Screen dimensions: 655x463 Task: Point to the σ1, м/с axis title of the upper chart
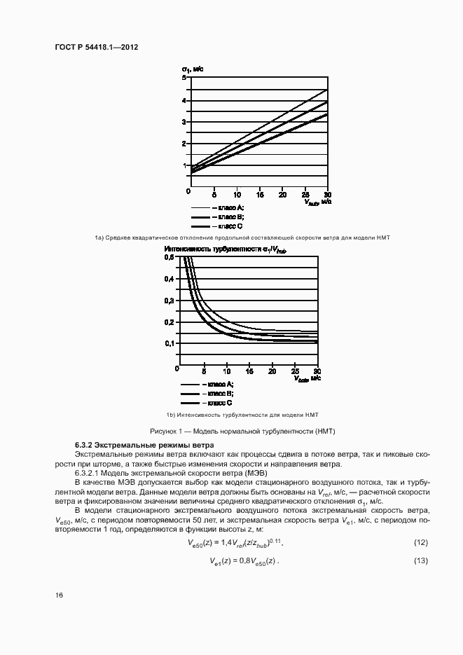click(x=193, y=69)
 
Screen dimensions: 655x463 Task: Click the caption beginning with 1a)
click(x=242, y=238)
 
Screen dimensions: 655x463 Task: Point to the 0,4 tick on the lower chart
click(x=169, y=279)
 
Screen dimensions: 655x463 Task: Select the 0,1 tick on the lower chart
click(x=169, y=343)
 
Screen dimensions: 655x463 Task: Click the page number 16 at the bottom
click(x=59, y=595)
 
